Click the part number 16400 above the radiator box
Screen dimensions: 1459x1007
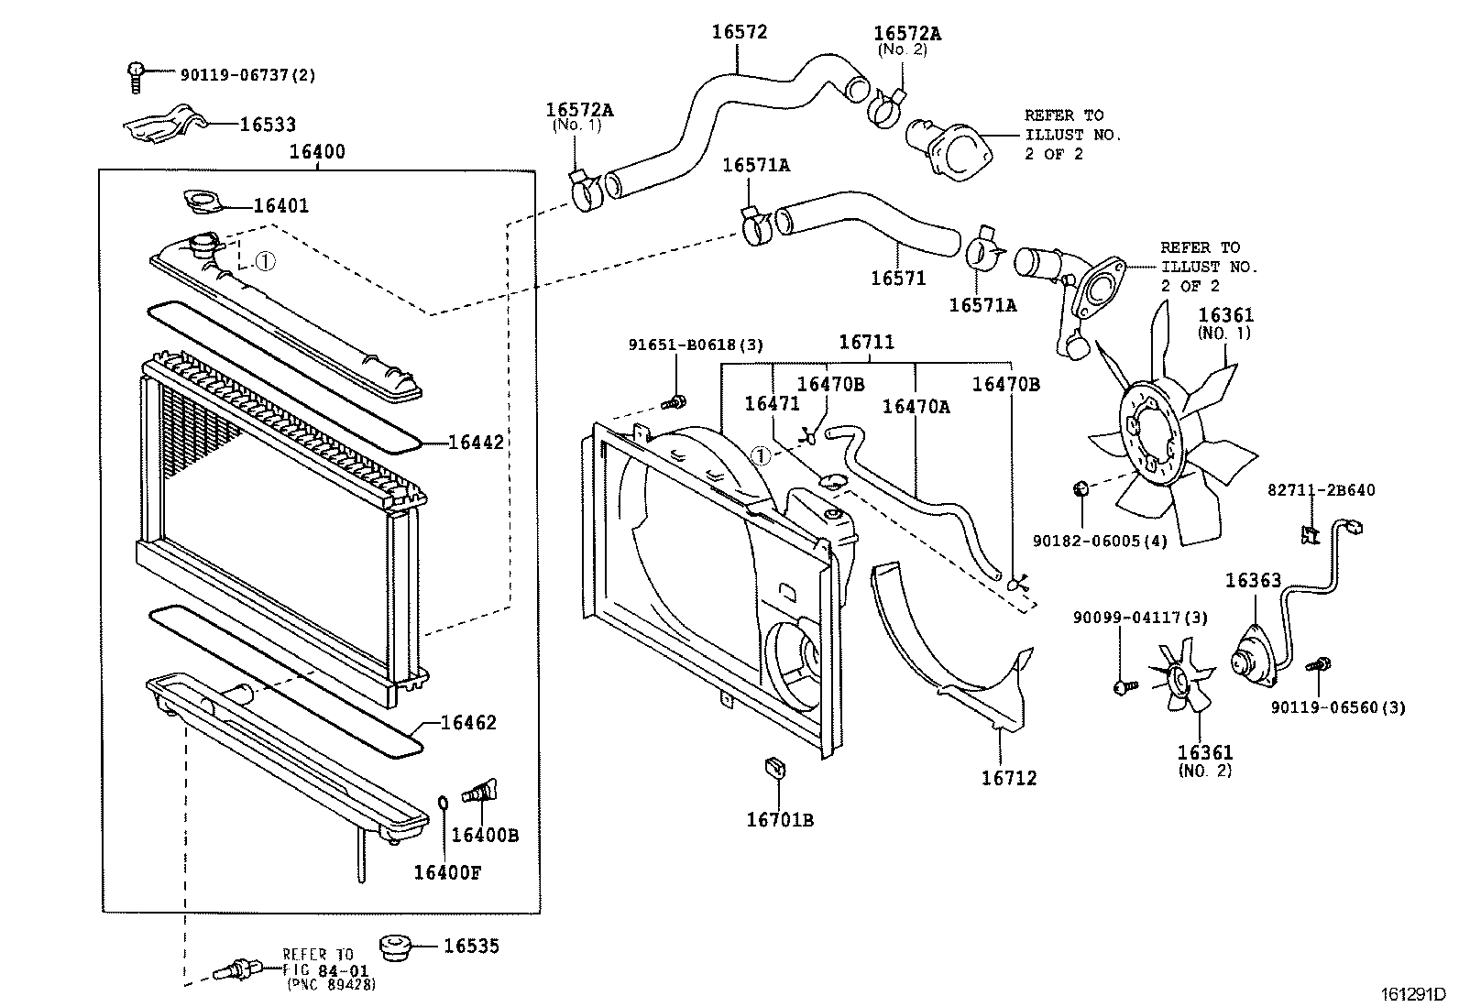[x=317, y=152]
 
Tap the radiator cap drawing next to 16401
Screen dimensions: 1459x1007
[x=203, y=201]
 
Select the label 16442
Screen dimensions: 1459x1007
[x=477, y=443]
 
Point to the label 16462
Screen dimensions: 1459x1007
[x=468, y=722]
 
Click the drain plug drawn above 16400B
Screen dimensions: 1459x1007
[x=479, y=791]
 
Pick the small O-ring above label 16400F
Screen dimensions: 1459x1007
[x=443, y=801]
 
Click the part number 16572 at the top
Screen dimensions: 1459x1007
[x=740, y=32]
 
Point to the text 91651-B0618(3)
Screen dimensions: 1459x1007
[x=696, y=345]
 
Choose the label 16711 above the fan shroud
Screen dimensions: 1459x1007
[x=866, y=342]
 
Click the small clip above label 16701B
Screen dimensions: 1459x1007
[x=775, y=768]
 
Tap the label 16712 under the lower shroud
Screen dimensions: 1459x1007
[x=1009, y=778]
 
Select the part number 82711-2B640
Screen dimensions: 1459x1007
[x=1321, y=490]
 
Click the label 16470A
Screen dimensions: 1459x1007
[x=916, y=407]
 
